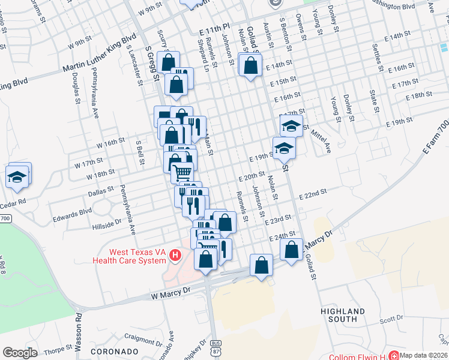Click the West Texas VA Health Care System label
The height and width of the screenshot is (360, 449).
coord(128,256)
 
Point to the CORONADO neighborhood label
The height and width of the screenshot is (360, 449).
coord(115,351)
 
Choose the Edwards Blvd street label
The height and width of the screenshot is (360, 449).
coord(72,211)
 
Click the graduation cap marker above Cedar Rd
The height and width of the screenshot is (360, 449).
coord(17,177)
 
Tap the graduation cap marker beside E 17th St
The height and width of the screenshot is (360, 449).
coord(291,126)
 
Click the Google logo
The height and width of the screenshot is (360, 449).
coord(20,353)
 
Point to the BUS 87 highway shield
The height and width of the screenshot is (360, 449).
coord(216,346)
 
